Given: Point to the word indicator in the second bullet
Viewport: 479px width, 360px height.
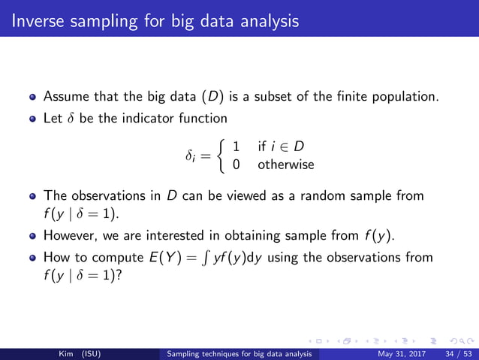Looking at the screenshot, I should pyautogui.click(x=146, y=118).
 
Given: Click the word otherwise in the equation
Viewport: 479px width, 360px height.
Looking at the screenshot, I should pyautogui.click(x=285, y=164).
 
